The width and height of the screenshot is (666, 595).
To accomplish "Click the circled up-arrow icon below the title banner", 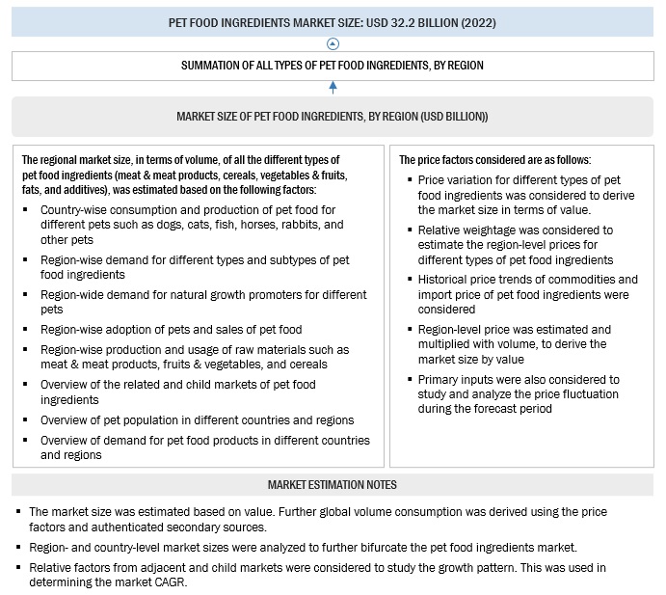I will click(333, 43).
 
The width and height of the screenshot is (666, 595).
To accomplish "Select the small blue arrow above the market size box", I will click(333, 88).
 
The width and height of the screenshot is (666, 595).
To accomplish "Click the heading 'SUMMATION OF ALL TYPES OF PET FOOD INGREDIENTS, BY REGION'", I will click(333, 66).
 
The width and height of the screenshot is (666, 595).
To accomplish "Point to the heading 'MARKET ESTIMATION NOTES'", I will click(332, 484).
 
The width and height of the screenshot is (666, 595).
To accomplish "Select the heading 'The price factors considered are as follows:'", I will click(494, 160).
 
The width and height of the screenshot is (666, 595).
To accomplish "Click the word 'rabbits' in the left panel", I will click(286, 225).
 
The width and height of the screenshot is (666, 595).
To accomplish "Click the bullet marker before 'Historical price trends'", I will click(410, 280).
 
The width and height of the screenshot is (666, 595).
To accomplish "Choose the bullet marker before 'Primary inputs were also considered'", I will click(410, 380).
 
